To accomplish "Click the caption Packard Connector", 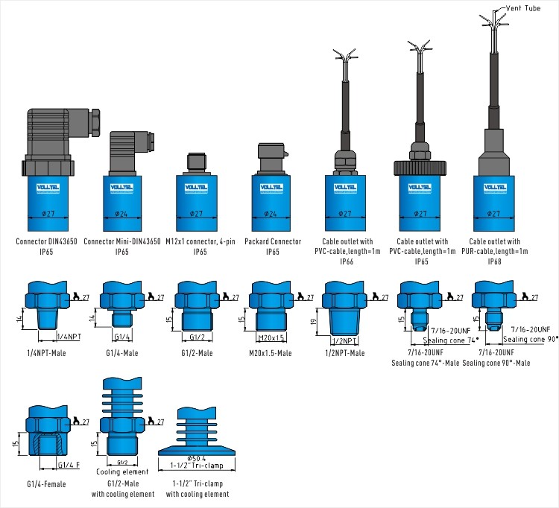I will click(x=273, y=241).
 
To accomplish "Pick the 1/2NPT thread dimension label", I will click(x=342, y=340).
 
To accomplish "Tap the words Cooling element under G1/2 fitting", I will click(x=123, y=472).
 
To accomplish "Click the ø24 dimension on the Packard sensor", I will click(x=271, y=215).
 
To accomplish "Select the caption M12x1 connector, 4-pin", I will click(x=200, y=241).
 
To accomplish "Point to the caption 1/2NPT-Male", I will click(x=345, y=352).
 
